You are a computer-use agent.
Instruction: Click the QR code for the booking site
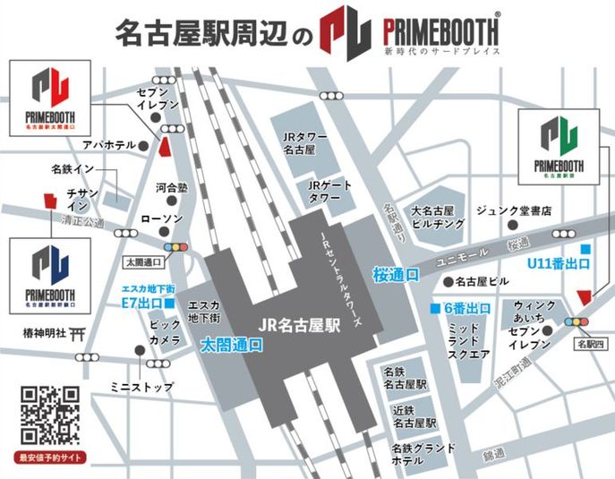pyautogui.click(x=49, y=415)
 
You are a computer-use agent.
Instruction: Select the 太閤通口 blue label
pyautogui.click(x=231, y=343)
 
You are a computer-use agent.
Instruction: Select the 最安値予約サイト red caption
pyautogui.click(x=49, y=457)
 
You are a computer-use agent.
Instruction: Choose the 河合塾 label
pyautogui.click(x=171, y=189)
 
